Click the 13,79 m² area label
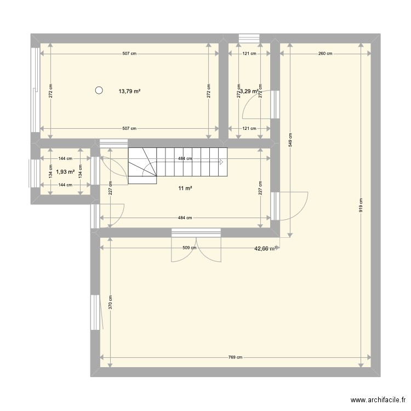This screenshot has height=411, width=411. [x=129, y=92]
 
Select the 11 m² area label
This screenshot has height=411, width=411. [x=185, y=189]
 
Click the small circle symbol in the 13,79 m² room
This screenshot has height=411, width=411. [x=99, y=91]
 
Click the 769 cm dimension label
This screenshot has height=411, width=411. [x=235, y=357]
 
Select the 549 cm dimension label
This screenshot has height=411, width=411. [x=290, y=141]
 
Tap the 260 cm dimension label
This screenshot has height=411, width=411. [x=326, y=54]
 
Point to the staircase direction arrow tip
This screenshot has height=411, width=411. [x=223, y=162]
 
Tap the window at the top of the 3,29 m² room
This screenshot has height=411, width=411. [x=248, y=37]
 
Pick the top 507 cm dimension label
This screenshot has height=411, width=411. [x=129, y=54]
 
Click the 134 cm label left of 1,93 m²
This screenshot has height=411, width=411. [x=49, y=172]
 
